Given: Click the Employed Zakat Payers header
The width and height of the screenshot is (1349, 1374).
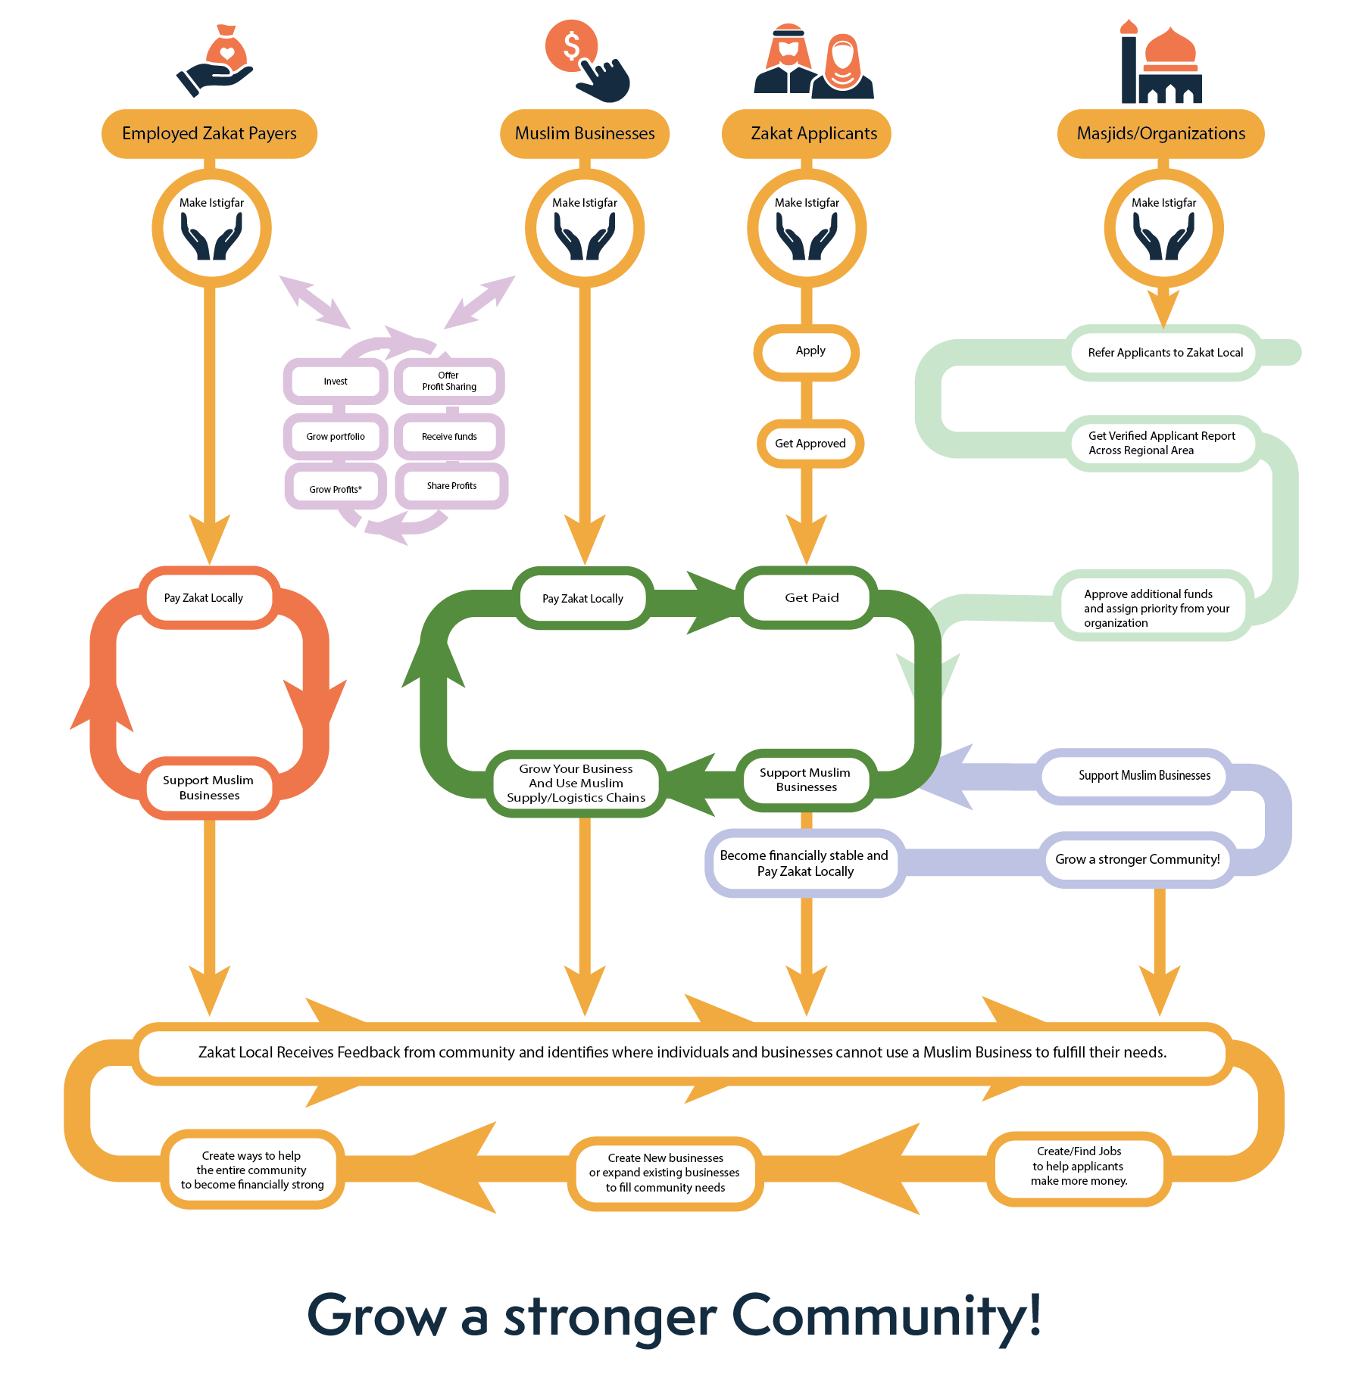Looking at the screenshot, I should point(209,134).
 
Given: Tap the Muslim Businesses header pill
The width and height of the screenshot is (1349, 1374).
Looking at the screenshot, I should point(585,134).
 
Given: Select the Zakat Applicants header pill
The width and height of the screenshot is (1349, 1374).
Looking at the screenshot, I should point(807,134).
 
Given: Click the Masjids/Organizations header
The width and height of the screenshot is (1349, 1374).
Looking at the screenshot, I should point(1160,134).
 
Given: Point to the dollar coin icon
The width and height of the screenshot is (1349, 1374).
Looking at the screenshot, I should point(572,45).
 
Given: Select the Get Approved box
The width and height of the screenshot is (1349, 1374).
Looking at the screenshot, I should point(810,444).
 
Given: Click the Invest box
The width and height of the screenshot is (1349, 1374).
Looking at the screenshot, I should point(336,382).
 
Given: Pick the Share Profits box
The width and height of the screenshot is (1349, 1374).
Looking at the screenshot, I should point(451,486).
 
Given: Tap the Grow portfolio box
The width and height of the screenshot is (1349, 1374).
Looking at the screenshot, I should point(336,437).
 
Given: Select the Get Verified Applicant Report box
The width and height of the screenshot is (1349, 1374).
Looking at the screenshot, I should point(1162,443).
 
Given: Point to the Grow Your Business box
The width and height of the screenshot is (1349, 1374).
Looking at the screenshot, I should point(576,784).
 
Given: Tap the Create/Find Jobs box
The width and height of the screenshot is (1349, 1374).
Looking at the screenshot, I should point(1079,1167).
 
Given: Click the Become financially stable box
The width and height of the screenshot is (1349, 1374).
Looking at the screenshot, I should point(804,863).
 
